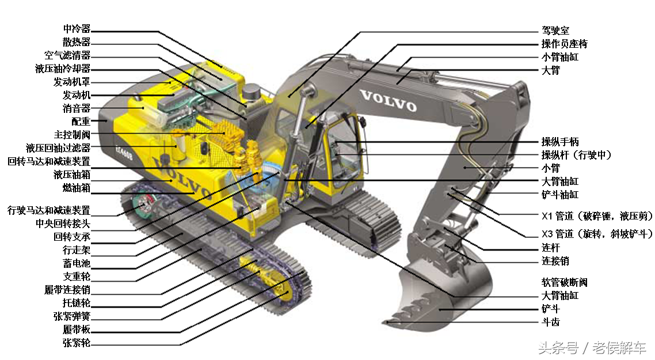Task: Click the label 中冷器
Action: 77,29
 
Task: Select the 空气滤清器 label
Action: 68,55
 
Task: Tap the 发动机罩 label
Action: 73,82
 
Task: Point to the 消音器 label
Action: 77,109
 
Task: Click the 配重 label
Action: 82,122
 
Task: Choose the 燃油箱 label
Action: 77,188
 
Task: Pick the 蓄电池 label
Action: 77,263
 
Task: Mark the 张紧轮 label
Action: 77,343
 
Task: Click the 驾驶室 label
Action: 555,31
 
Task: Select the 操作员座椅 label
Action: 565,44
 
